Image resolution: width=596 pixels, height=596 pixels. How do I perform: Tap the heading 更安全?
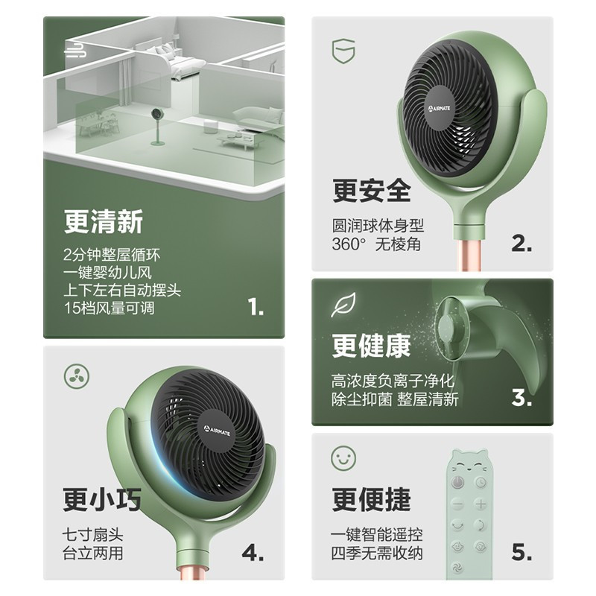[x=371, y=191]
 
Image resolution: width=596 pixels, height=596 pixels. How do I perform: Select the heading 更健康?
[x=371, y=346]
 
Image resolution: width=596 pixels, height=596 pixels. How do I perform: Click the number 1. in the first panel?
[x=256, y=307]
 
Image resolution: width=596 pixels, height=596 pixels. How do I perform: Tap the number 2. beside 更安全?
[x=521, y=243]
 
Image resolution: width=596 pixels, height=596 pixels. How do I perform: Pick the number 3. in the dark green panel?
[x=521, y=398]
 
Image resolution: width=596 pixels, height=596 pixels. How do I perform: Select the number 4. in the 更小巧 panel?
[x=253, y=552]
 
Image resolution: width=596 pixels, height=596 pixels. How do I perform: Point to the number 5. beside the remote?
[x=521, y=552]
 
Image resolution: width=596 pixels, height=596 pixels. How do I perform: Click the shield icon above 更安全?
[x=343, y=51]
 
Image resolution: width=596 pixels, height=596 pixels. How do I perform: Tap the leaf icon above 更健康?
[x=343, y=305]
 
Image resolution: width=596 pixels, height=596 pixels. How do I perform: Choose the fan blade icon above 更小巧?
[x=75, y=374]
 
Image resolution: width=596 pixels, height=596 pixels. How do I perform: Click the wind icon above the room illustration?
[x=75, y=50]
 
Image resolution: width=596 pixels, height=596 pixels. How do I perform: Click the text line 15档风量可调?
[x=110, y=307]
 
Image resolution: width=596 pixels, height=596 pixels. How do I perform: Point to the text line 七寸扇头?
[x=93, y=534]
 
